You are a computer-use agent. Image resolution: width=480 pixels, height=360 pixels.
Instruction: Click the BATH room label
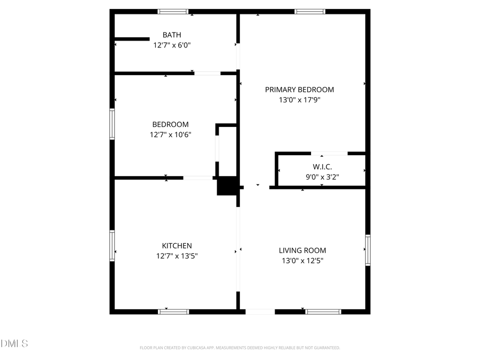click(171, 35)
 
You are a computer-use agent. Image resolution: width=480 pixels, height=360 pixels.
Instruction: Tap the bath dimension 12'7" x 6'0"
click(172, 45)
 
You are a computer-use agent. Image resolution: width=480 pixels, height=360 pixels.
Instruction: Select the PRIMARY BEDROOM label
click(299, 90)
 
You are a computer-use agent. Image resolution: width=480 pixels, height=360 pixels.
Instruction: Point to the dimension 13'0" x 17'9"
click(300, 100)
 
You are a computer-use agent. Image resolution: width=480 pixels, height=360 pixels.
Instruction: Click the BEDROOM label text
click(170, 124)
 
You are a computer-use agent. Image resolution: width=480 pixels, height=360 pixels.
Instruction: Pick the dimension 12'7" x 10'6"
click(170, 134)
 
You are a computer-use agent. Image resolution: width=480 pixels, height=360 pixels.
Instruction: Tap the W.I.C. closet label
click(322, 167)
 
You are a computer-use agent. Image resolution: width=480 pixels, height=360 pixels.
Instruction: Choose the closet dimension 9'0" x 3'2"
click(322, 177)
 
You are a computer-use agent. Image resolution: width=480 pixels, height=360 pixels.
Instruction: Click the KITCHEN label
click(177, 246)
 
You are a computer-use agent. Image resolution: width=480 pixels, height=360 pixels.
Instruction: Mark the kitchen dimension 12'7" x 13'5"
click(177, 256)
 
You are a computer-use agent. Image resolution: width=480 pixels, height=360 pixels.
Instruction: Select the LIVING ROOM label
click(302, 250)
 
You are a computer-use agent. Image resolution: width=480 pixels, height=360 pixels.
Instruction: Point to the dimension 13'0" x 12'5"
click(302, 261)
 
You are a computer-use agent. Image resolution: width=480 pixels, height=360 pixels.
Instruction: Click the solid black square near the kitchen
click(227, 186)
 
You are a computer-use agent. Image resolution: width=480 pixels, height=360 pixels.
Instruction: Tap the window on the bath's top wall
click(173, 11)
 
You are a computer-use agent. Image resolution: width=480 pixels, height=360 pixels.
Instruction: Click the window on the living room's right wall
click(367, 250)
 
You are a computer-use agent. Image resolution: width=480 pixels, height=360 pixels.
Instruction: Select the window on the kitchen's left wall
click(112, 245)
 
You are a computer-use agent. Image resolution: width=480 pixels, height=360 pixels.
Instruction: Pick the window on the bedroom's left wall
click(112, 124)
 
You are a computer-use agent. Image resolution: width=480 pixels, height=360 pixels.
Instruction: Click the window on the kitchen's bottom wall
click(174, 311)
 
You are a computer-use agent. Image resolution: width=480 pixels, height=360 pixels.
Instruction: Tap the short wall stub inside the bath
click(132, 38)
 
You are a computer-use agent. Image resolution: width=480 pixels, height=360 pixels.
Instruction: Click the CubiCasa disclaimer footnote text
click(239, 348)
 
